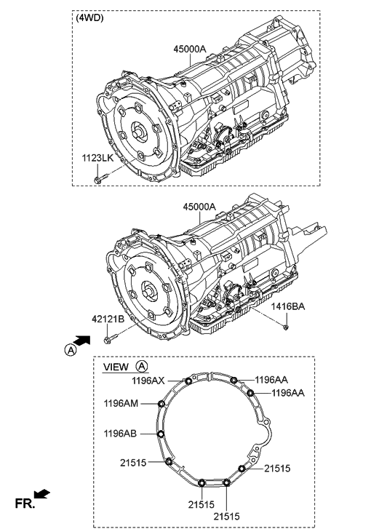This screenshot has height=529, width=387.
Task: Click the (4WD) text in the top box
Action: pos(91,18)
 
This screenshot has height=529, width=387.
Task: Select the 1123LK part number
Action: pos(97,157)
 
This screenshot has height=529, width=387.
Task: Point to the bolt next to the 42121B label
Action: pos(109,338)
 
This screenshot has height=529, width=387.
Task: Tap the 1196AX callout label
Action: pos(148,379)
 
